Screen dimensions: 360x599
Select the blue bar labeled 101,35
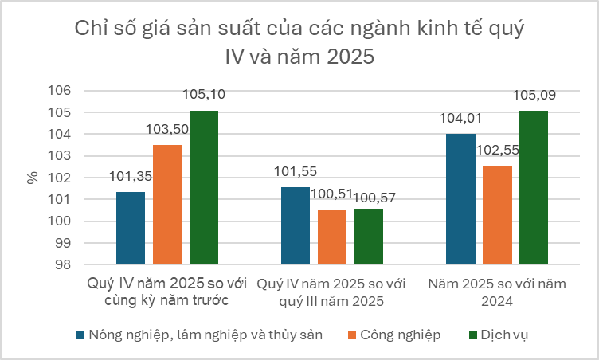tap(131, 228)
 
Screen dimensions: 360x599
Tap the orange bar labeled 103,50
tap(167, 205)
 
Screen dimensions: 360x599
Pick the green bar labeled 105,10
tap(204, 187)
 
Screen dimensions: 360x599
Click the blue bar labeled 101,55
tap(296, 225)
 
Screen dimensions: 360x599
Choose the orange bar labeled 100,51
tap(332, 237)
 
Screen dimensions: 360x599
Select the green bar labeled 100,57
tap(369, 236)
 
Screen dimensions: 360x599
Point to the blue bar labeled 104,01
tap(460, 199)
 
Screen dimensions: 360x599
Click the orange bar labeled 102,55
tap(497, 215)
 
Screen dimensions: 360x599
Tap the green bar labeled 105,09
tap(534, 187)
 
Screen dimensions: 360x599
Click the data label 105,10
tap(204, 95)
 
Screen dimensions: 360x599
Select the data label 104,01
tap(460, 119)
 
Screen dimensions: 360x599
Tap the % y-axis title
tap(33, 178)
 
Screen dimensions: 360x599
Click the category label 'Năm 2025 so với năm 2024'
tap(496, 292)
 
